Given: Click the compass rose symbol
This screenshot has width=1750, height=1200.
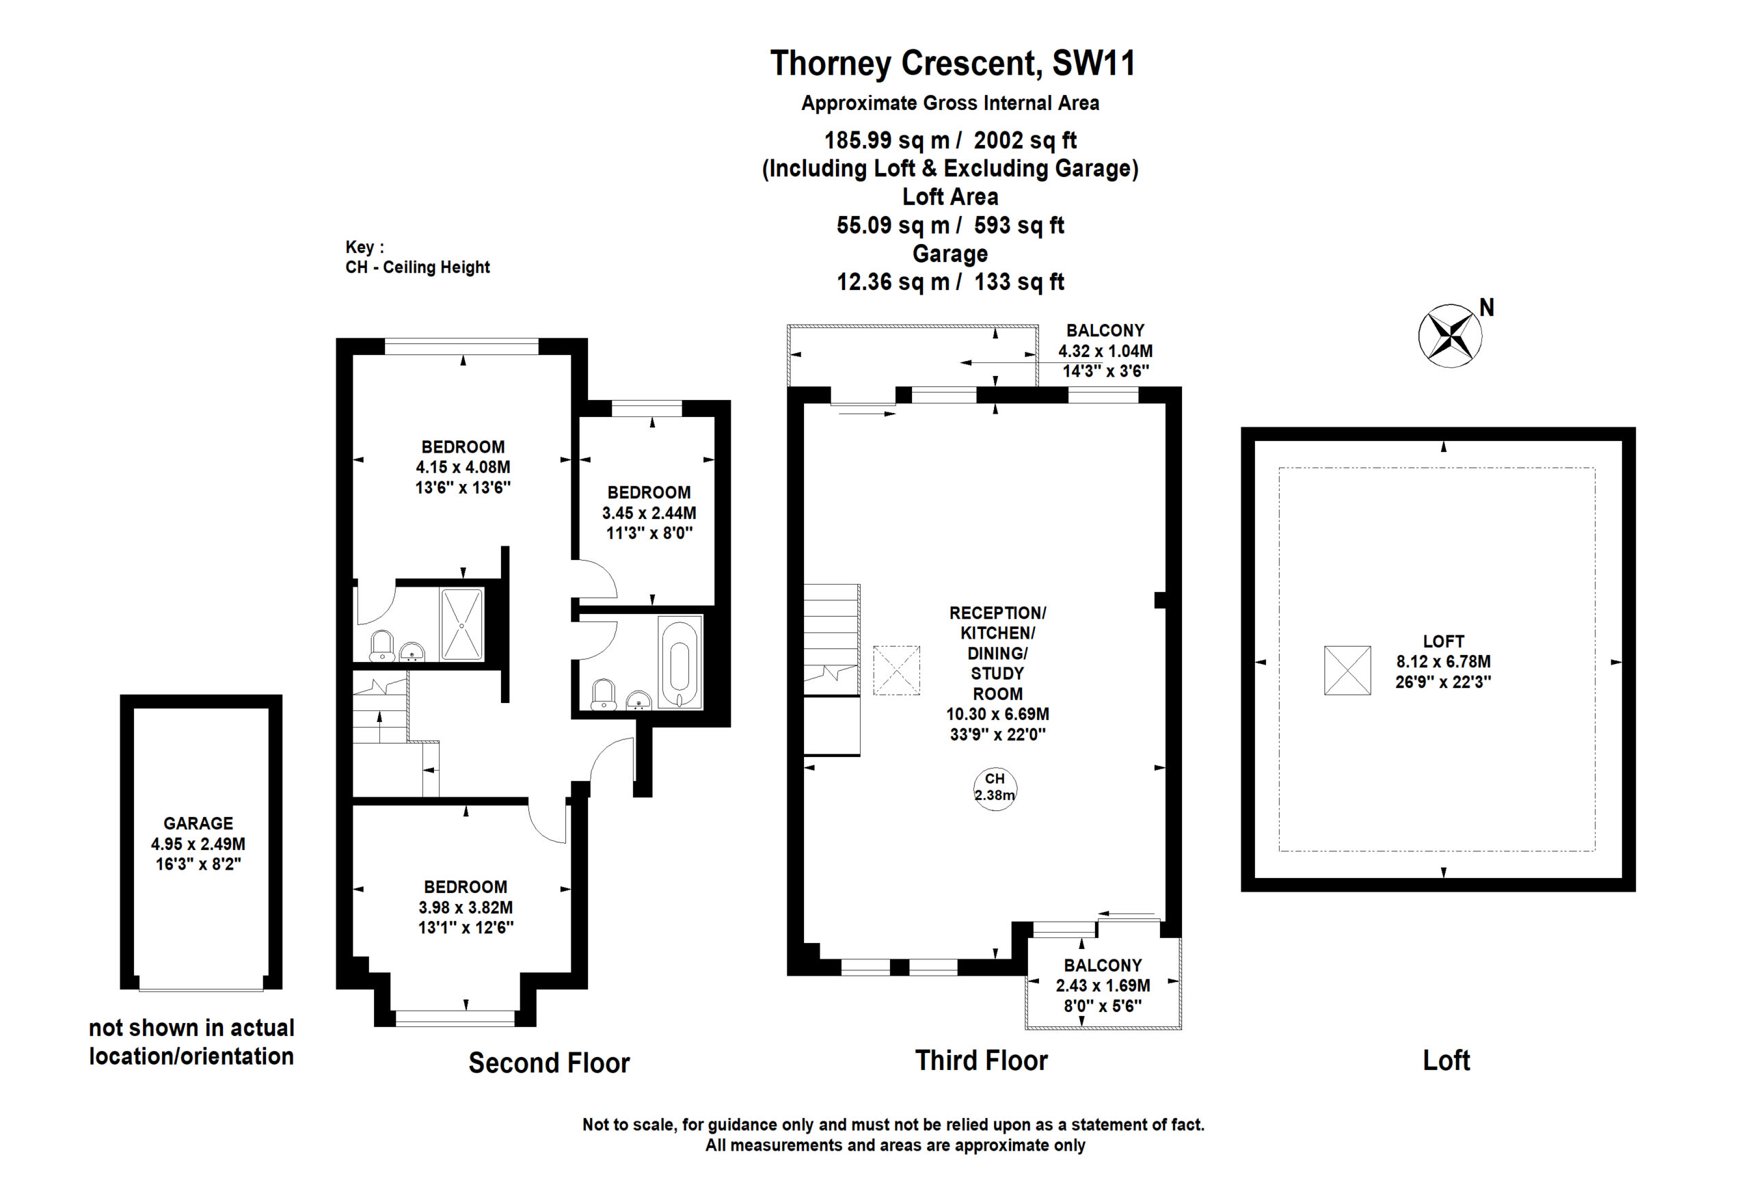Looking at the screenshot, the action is [x=1449, y=336].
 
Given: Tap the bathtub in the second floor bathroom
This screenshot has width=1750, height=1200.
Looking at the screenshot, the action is [x=680, y=663].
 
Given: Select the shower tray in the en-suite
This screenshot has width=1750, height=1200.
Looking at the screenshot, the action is [x=461, y=624].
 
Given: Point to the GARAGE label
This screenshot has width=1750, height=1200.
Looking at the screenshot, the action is [x=198, y=823].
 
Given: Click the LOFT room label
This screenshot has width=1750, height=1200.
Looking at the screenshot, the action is [x=1443, y=641].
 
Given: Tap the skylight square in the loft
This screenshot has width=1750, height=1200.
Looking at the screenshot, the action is [x=1347, y=669].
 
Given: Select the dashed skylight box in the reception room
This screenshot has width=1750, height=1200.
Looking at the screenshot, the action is [x=896, y=669].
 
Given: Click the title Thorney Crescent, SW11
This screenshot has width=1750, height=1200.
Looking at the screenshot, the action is [x=952, y=64].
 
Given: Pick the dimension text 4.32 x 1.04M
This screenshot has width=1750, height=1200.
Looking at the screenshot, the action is [x=1105, y=351].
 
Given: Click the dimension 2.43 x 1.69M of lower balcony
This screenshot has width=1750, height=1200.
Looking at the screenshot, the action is [x=1103, y=985].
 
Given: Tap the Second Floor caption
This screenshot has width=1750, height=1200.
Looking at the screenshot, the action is [x=549, y=1063].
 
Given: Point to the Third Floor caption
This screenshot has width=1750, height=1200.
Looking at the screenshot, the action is [x=981, y=1061].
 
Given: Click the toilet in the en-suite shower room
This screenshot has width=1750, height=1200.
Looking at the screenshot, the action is [x=381, y=645].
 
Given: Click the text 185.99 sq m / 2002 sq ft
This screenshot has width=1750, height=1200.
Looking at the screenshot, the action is [x=950, y=140].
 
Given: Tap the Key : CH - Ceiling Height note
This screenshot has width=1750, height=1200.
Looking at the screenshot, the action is [x=417, y=257].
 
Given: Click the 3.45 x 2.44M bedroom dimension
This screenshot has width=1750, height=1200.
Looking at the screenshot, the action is [x=648, y=513].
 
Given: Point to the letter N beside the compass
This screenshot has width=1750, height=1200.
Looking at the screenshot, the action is [x=1486, y=307].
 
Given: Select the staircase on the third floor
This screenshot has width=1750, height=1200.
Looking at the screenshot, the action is [x=831, y=669].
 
